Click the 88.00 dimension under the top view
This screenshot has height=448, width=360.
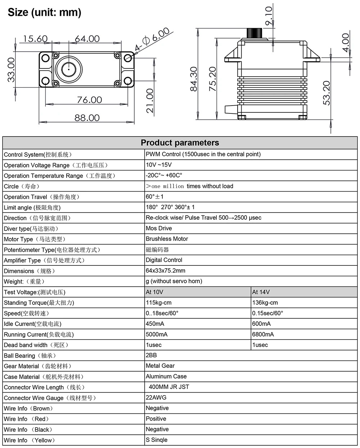87,118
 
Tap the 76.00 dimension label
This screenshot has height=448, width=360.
89,100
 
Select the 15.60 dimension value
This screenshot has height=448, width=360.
35,39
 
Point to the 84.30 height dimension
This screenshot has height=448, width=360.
194,79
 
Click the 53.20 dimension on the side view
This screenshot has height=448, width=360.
327,93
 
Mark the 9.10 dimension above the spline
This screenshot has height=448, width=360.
269,16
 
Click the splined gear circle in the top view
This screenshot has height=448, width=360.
68,69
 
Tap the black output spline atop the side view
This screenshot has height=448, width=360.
257,33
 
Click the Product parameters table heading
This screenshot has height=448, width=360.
180,143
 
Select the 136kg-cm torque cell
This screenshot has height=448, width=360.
265,303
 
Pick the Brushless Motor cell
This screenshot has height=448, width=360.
167,239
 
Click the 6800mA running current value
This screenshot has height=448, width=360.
263,335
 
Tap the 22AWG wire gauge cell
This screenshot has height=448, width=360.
156,398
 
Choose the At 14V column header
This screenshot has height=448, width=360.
261,292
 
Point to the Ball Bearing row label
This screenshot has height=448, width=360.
30,356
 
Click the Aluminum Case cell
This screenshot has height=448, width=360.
166,376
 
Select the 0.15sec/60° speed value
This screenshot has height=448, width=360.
267,313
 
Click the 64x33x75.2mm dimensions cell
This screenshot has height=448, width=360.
165,271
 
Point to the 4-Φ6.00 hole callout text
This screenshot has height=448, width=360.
152,40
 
